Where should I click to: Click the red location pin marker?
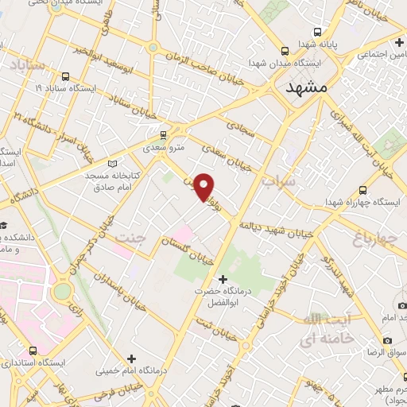click(204, 187)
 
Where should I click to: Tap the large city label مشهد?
click(305, 89)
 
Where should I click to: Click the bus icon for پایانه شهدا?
click(317, 33)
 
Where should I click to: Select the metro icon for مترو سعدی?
click(163, 134)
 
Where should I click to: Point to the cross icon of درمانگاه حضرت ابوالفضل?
click(223, 279)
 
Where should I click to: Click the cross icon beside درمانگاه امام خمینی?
click(132, 359)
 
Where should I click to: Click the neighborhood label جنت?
click(131, 238)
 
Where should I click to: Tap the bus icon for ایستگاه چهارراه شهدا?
click(362, 190)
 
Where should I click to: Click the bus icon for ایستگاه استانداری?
click(33, 350)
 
